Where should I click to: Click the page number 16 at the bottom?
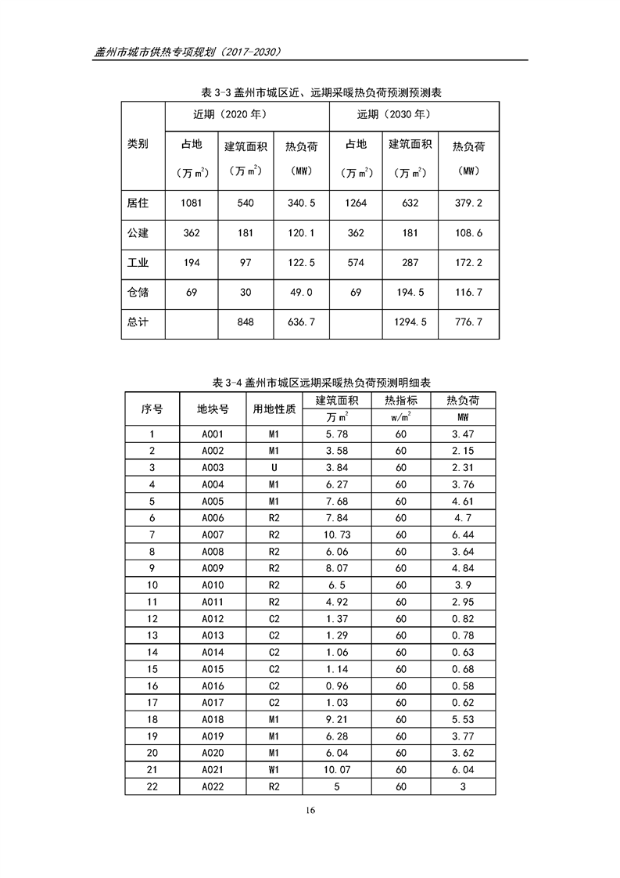click(x=310, y=809)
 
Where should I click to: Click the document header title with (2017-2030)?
click(x=187, y=52)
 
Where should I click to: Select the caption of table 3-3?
click(x=310, y=92)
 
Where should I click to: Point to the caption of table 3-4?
click(x=310, y=383)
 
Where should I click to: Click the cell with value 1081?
click(x=192, y=203)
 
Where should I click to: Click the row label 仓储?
click(x=138, y=292)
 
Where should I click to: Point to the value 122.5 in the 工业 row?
click(x=300, y=263)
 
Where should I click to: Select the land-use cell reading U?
click(x=274, y=467)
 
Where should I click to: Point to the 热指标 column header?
click(x=401, y=400)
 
